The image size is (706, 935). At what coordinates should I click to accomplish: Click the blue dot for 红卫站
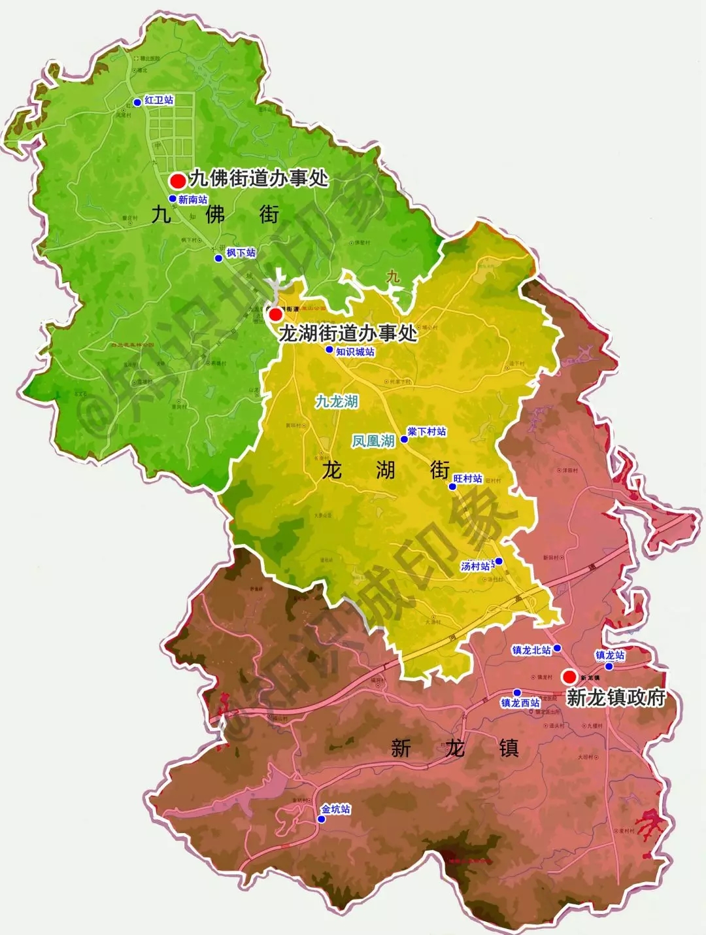[137, 102]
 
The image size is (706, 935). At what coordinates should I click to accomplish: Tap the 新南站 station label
[192, 199]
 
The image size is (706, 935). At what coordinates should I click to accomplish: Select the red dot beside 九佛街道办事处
[177, 180]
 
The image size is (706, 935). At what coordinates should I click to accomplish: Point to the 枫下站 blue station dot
[218, 258]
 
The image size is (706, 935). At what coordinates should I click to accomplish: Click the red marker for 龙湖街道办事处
[276, 314]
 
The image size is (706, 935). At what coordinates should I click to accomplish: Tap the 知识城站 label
[355, 352]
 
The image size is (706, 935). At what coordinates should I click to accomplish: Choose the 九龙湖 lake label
[337, 401]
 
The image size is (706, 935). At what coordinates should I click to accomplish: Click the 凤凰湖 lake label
[373, 441]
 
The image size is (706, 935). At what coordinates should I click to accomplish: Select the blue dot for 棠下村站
[404, 439]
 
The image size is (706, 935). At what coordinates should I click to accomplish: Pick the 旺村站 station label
[468, 479]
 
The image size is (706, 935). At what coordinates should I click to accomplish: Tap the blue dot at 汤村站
[499, 561]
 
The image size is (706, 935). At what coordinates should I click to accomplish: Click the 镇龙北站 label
[531, 650]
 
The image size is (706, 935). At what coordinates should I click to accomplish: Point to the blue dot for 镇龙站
[609, 666]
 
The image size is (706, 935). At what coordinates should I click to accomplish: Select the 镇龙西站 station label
[520, 703]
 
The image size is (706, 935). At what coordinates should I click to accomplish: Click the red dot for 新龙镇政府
[569, 676]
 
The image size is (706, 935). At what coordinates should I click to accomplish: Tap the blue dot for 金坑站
[321, 819]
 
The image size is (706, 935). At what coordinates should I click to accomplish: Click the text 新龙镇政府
[616, 698]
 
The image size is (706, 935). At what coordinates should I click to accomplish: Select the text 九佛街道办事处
[258, 178]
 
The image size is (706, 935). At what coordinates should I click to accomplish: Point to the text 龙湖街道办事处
[348, 333]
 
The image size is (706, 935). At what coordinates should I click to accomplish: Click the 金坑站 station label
[335, 809]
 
